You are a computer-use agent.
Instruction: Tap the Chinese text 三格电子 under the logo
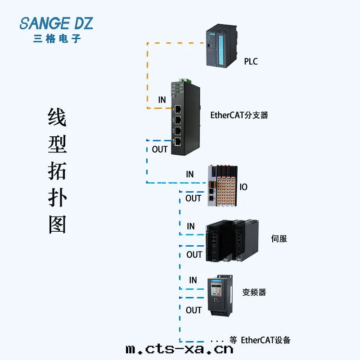[57, 39]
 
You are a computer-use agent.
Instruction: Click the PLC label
[251, 61]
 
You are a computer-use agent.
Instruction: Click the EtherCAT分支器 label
[239, 115]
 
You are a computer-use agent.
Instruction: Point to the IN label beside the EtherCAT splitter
[162, 100]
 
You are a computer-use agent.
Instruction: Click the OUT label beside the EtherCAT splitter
[160, 149]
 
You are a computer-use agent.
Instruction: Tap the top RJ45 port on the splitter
[178, 108]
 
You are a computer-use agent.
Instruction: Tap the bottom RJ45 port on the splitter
[178, 142]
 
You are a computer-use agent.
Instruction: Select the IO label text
[243, 187]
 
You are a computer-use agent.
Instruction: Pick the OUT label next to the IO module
[193, 198]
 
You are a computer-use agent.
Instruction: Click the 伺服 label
[279, 238]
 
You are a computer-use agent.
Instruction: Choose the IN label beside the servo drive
[191, 226]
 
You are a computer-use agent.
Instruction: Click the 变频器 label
[254, 292]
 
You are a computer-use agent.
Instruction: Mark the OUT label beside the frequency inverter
[193, 310]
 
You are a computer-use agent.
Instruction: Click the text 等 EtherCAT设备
[260, 340]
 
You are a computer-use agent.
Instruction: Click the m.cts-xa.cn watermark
[180, 349]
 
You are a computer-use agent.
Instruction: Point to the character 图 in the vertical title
[57, 224]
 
